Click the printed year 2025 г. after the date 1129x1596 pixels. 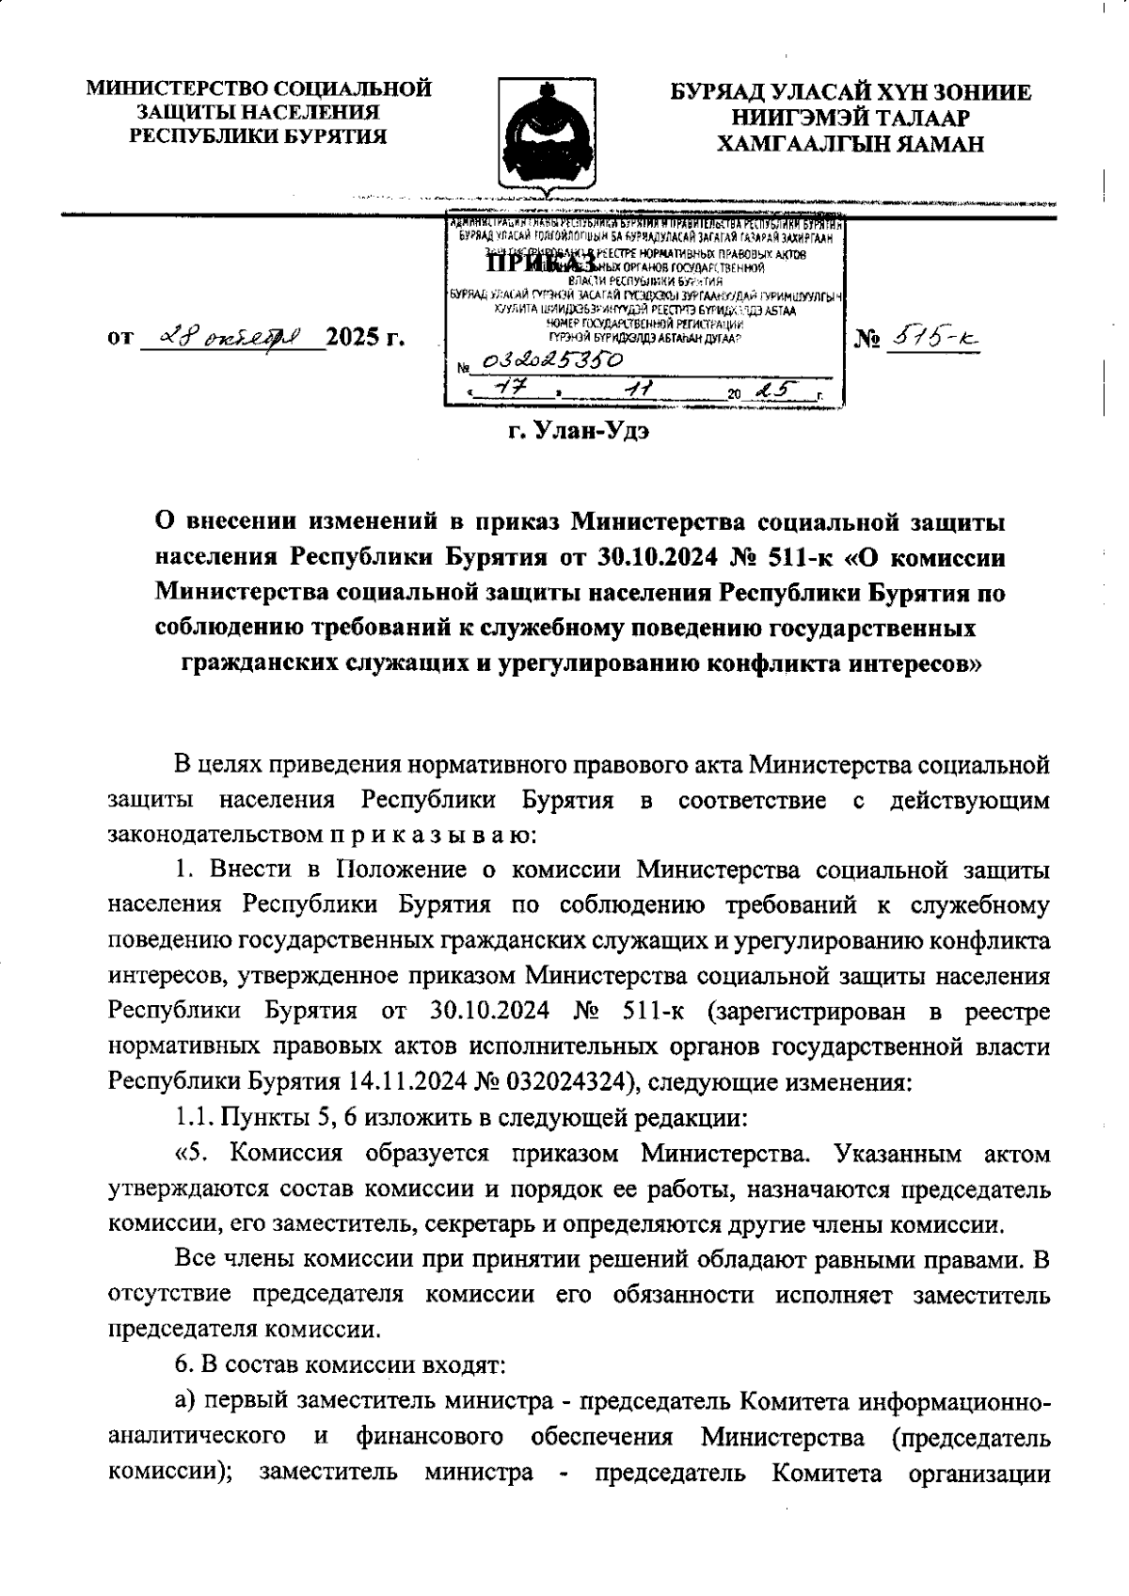(x=364, y=337)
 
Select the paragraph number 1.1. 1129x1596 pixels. (x=195, y=1118)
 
